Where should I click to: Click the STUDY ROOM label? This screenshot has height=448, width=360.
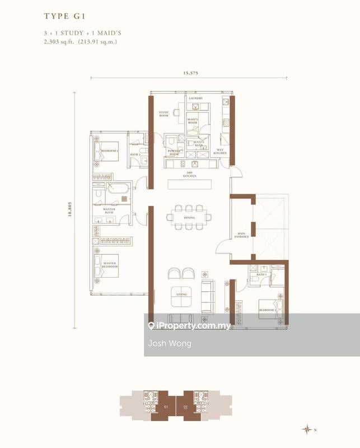point(164,113)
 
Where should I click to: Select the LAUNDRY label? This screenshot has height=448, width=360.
point(195,99)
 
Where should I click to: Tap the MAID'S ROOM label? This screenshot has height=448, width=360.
point(193,120)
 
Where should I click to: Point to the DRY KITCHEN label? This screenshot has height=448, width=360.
point(190,175)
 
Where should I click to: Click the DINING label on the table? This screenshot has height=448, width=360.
point(189,218)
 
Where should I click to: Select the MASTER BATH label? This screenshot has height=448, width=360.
point(109,211)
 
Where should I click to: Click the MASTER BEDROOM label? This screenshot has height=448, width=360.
point(110,265)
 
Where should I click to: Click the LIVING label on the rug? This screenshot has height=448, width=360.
point(181,294)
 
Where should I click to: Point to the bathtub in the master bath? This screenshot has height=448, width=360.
point(119,188)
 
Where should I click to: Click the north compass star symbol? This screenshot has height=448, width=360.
point(307,430)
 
